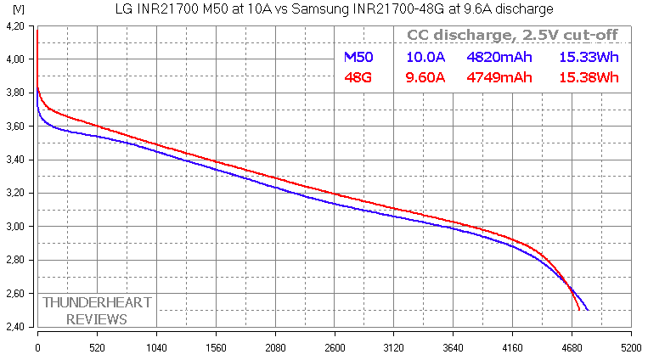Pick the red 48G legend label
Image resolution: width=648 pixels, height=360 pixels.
click(x=357, y=78)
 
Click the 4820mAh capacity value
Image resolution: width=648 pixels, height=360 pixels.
click(x=499, y=58)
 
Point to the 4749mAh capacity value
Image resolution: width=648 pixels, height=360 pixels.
click(x=499, y=78)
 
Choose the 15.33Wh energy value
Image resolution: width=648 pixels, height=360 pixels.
click(x=589, y=58)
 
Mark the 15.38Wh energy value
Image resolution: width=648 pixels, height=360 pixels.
click(x=589, y=78)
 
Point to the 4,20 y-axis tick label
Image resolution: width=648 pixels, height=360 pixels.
click(x=16, y=26)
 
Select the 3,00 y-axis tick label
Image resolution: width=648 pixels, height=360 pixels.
click(x=16, y=227)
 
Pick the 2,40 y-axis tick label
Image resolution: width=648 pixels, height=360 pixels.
click(x=16, y=327)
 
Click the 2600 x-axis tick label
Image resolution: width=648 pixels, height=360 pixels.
click(x=335, y=349)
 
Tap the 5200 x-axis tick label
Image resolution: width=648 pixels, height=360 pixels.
click(x=630, y=349)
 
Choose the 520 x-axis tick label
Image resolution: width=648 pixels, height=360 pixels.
click(x=97, y=349)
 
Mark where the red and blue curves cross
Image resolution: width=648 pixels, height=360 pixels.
click(x=571, y=290)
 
